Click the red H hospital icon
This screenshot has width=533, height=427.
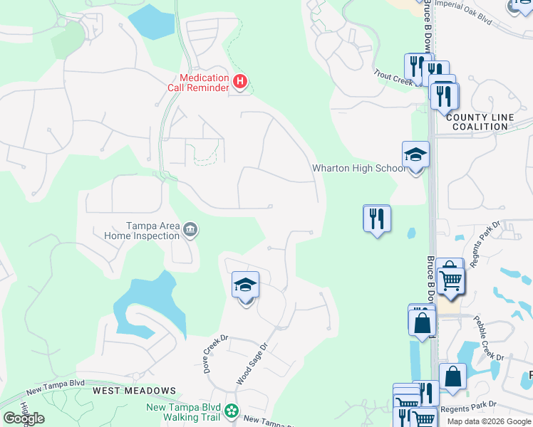pyautogui.click(x=240, y=83)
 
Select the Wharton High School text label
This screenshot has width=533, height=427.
pyautogui.click(x=358, y=169)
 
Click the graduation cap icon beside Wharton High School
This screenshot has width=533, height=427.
pyautogui.click(x=415, y=154)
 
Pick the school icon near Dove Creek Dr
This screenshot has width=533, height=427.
pyautogui.click(x=245, y=286)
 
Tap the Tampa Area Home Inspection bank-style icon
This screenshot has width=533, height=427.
pyautogui.click(x=190, y=230)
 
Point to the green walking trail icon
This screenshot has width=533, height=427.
pyautogui.click(x=232, y=411)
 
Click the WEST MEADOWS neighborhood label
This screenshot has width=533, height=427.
pyautogui.click(x=134, y=391)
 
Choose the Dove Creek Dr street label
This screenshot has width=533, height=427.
pyautogui.click(x=213, y=354)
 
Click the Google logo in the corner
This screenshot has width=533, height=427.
pyautogui.click(x=24, y=418)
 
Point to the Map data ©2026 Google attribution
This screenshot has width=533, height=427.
pyautogui.click(x=490, y=421)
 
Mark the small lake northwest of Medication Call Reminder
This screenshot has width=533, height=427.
pyautogui.click(x=150, y=21)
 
